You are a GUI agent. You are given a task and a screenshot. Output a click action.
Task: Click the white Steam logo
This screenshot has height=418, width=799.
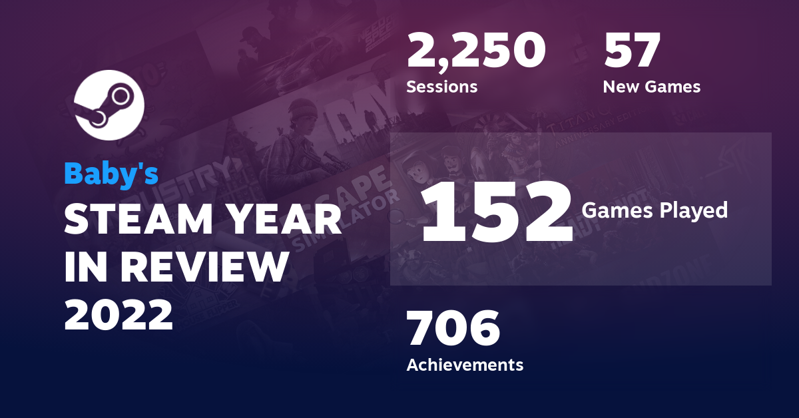pyautogui.click(x=109, y=104)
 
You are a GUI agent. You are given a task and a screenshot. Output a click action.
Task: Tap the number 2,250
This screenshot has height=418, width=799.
pyautogui.click(x=476, y=52)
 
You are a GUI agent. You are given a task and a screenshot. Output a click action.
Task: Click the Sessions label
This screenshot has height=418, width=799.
pyautogui.click(x=442, y=87)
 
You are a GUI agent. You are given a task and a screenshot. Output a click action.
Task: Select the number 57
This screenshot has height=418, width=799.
pyautogui.click(x=632, y=52)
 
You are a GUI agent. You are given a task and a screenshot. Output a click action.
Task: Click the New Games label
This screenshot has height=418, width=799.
pyautogui.click(x=651, y=87)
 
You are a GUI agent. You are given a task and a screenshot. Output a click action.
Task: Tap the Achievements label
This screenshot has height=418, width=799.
pyautogui.click(x=465, y=365)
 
